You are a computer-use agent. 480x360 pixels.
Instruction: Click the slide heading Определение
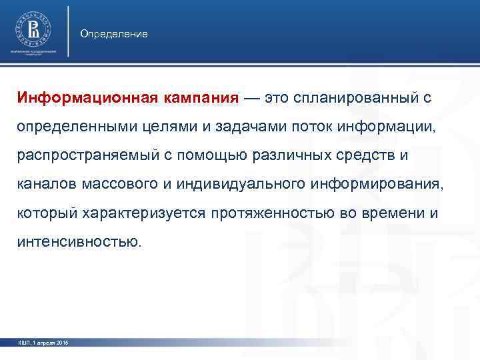tap(114, 33)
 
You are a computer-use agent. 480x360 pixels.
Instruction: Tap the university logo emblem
tap(33, 29)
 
